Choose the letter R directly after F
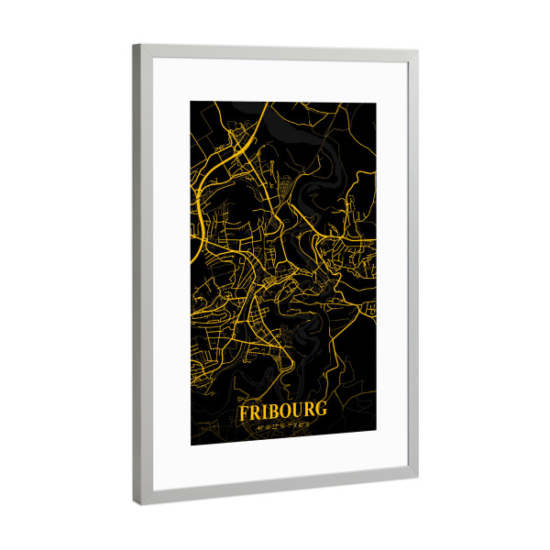253,413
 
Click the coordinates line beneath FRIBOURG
280,425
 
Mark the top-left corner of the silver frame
135,46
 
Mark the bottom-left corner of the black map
191,445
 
